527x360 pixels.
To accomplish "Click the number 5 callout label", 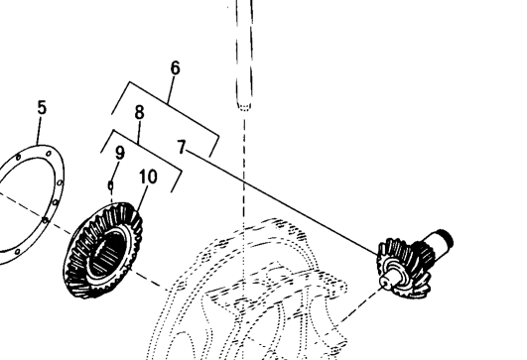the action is coord(42,108).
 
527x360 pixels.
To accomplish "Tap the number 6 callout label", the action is coord(175,68).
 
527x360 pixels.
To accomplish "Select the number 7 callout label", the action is coord(182,147).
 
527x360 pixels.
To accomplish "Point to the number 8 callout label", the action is coord(140,112).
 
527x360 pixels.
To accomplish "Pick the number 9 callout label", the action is coord(120,153).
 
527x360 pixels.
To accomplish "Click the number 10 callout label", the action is coord(148,177).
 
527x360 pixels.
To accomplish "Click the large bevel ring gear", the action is coord(103,250).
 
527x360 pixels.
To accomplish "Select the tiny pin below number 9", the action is coord(110,185).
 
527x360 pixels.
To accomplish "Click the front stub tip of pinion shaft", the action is coord(386,281).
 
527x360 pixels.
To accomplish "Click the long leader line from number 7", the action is coord(282,203).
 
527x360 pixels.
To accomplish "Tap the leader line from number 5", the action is coord(39,130).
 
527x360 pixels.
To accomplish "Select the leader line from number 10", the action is coord(143,198).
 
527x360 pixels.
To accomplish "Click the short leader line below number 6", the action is coord(171,89).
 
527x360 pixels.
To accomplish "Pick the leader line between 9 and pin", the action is coord(115,172).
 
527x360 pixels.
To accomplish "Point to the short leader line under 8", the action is coord(139,132).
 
